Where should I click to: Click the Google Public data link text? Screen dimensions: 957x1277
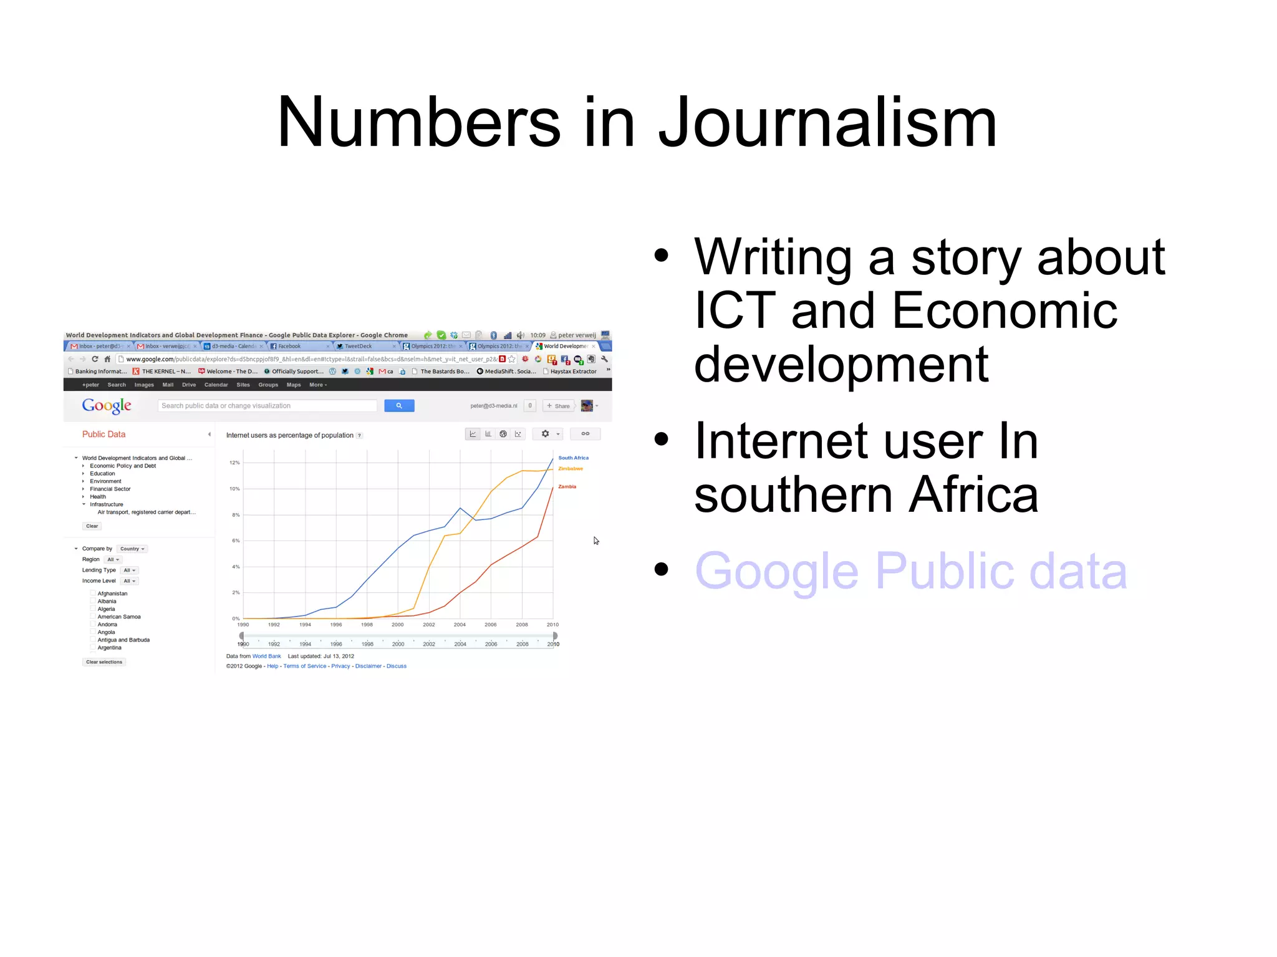[910, 570]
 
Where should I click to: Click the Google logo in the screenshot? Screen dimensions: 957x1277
[107, 406]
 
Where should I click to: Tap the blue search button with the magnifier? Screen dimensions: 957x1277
[399, 406]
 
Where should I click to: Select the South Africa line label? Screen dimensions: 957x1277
[573, 458]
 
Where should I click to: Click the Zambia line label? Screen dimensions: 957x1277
[567, 486]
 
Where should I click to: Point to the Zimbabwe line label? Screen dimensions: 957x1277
[570, 469]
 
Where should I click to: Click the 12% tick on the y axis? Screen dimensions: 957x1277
[234, 463]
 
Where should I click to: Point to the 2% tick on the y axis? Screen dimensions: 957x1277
[236, 592]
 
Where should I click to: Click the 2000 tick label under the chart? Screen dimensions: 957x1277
[398, 625]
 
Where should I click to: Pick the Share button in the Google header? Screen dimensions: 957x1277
[559, 406]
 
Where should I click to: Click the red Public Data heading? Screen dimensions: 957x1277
[104, 435]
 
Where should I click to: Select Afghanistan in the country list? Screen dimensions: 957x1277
[112, 594]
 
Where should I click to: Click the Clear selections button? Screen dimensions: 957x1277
[104, 662]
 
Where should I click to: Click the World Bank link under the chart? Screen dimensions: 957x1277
[266, 656]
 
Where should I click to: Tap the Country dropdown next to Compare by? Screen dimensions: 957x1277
[132, 549]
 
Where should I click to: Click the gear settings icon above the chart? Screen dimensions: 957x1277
[546, 434]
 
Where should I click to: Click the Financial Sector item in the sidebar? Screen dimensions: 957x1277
[110, 489]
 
